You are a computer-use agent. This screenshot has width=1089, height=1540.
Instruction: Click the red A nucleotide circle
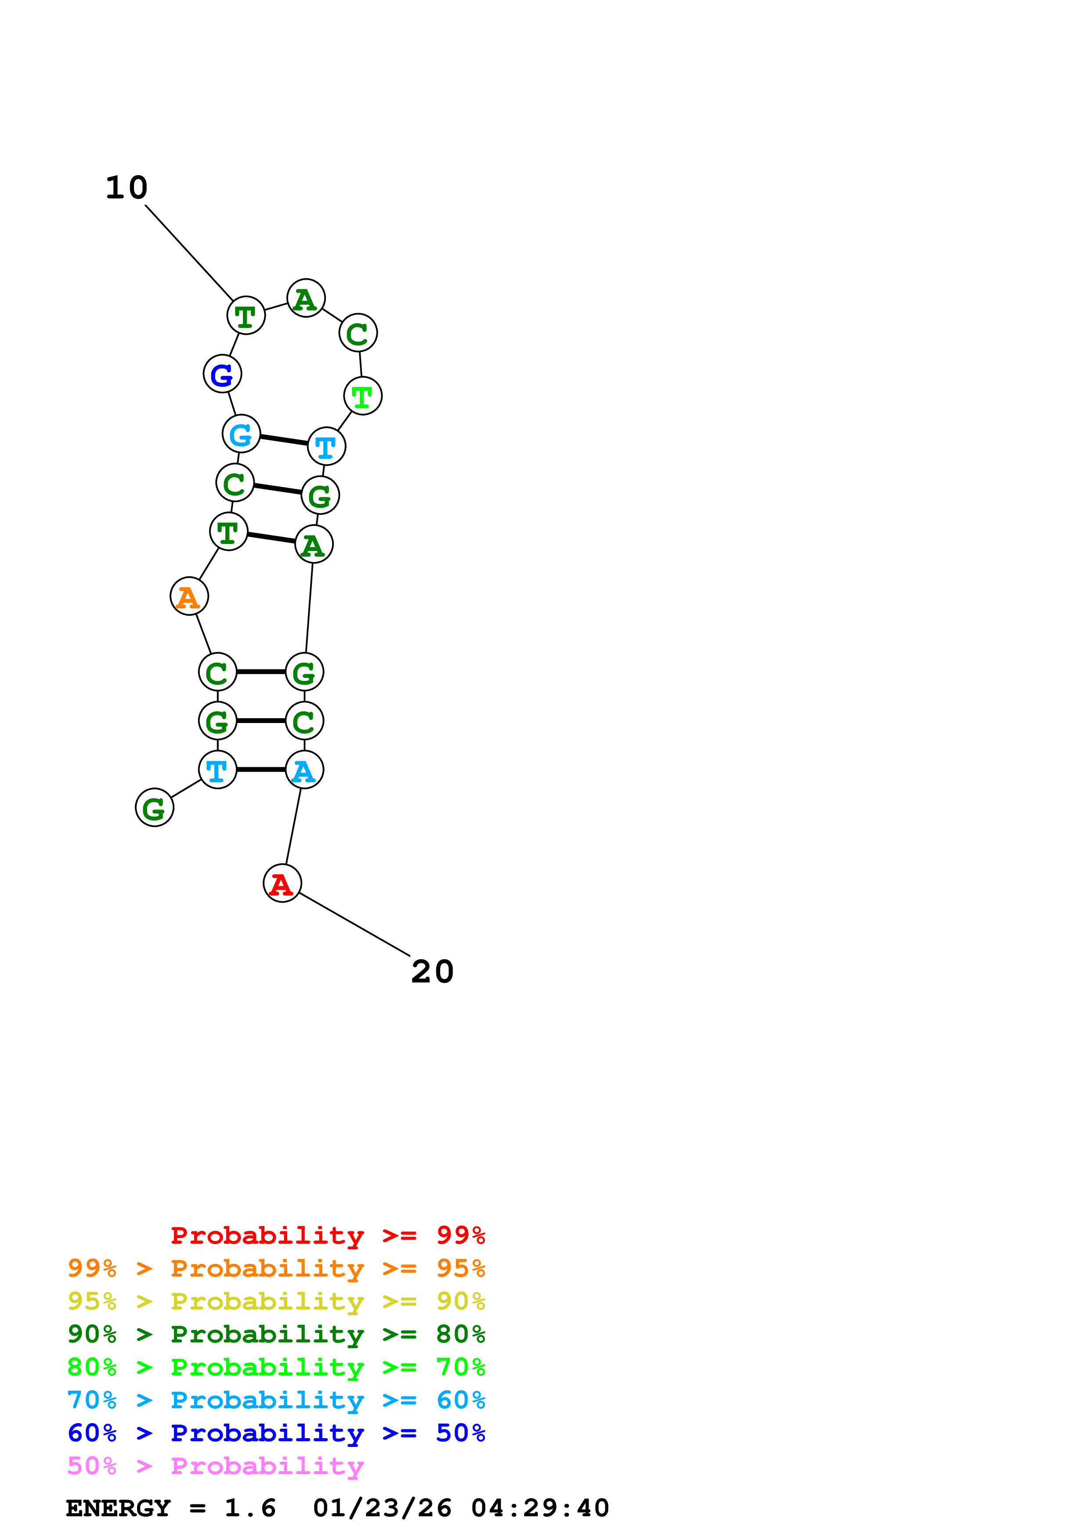point(282,883)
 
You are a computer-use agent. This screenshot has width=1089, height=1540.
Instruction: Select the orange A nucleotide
point(189,596)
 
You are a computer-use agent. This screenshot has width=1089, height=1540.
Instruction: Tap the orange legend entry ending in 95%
point(276,1268)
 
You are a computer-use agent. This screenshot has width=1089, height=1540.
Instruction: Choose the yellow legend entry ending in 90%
point(276,1301)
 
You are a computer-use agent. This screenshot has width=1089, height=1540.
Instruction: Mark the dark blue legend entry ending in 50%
point(276,1433)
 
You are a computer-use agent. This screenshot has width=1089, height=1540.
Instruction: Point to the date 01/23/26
point(382,1508)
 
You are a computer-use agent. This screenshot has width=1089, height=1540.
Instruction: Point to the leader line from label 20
point(354,924)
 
